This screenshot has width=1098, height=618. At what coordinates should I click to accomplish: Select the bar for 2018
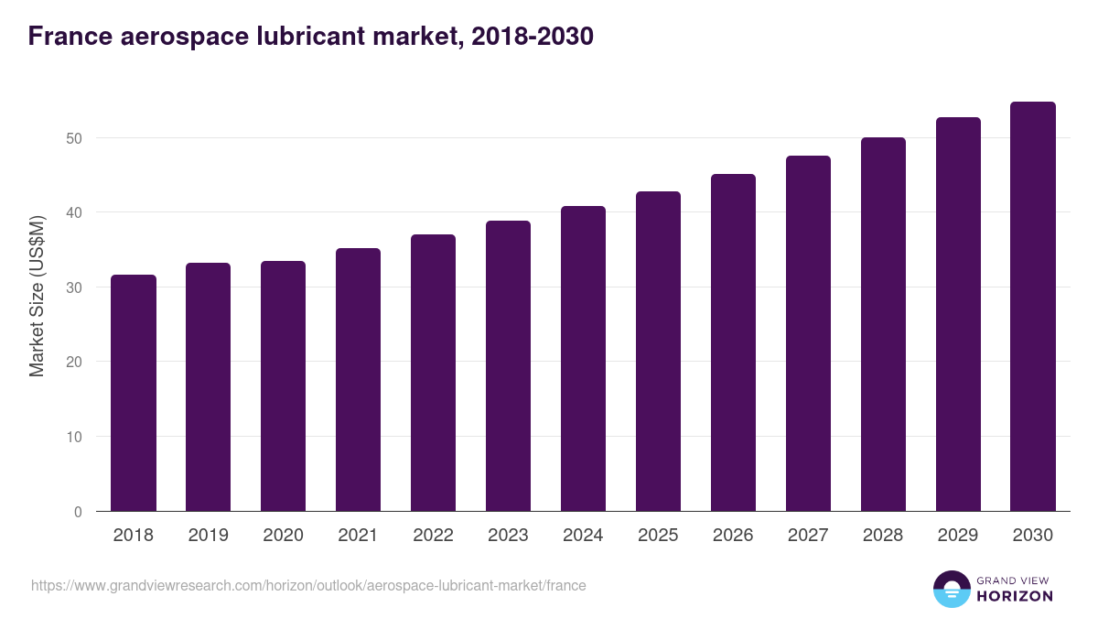tap(134, 393)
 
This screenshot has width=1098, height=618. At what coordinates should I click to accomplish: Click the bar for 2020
tap(284, 385)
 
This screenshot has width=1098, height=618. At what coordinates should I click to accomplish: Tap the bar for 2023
tap(508, 365)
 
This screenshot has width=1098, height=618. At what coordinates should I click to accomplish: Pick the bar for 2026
tap(733, 342)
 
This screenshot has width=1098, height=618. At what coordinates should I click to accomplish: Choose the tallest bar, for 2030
tap(1033, 306)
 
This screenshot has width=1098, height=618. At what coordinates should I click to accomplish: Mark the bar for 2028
tap(883, 324)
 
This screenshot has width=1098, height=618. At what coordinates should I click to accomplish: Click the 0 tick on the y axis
tap(78, 512)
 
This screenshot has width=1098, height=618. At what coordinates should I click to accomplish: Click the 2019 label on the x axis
tap(209, 536)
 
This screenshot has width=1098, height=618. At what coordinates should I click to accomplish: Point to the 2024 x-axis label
tap(583, 536)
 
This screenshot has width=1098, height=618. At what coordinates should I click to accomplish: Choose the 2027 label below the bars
tap(808, 536)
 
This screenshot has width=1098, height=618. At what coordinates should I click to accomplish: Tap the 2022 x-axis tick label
tap(433, 536)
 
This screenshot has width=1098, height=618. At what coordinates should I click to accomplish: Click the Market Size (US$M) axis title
tap(37, 296)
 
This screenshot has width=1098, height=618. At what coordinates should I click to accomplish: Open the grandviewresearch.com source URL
tap(308, 585)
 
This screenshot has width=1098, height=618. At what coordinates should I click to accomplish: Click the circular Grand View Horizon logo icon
tap(952, 589)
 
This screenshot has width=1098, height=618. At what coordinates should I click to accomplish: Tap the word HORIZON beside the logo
tap(1015, 596)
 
